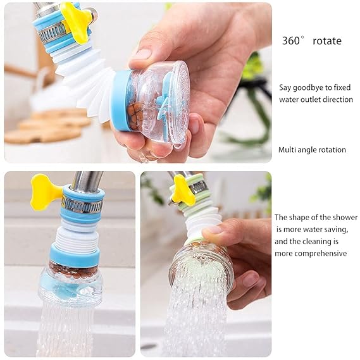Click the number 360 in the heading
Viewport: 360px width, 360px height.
(291, 41)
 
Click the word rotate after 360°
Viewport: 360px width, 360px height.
(326, 41)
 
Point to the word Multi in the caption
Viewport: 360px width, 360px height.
(289, 150)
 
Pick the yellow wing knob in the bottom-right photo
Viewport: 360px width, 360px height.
(183, 189)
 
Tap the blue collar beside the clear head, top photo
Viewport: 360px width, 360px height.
(121, 101)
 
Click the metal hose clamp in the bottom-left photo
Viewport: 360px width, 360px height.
(81, 204)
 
